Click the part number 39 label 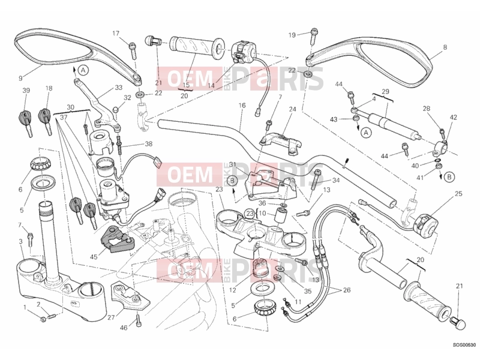click(26, 91)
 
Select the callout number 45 click(94, 257)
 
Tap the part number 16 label click(242, 106)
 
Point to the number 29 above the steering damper click(385, 92)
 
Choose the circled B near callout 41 click(449, 176)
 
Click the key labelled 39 click(25, 122)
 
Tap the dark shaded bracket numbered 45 click(116, 239)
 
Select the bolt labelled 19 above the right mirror click(314, 35)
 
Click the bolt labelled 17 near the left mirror click(133, 50)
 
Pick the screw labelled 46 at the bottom click(138, 320)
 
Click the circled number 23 click(250, 213)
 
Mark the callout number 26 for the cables click(347, 290)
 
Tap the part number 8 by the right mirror click(445, 47)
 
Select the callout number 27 click(111, 317)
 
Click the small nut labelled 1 click(43, 320)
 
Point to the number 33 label click(118, 88)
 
